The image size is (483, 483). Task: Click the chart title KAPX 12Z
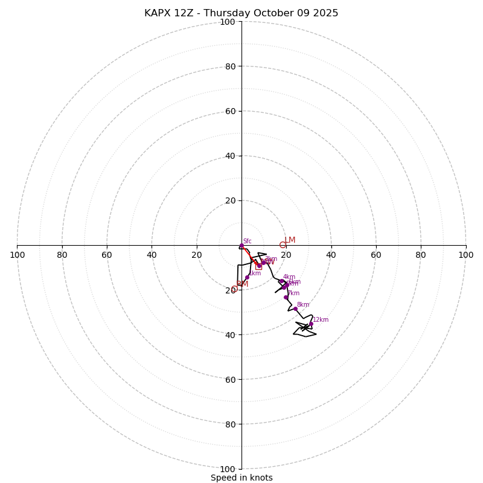[241, 13]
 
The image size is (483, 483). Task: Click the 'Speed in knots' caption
[241, 478]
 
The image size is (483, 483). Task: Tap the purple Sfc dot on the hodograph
[241, 246]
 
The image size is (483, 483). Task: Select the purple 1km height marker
[247, 277]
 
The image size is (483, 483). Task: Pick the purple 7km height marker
[286, 297]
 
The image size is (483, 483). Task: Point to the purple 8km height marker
[295, 309]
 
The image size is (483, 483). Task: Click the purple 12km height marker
[311, 324]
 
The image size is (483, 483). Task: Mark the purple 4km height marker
[281, 281]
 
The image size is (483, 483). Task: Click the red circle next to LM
[283, 245]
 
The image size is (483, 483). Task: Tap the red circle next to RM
[234, 289]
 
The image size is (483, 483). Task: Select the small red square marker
[258, 266]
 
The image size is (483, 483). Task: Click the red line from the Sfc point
[249, 254]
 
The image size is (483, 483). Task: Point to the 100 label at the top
[228, 22]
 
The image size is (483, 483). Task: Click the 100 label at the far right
[466, 255]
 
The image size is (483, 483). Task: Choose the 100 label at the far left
[18, 255]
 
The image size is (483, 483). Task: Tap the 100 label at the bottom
[228, 469]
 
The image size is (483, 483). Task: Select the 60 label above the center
[229, 111]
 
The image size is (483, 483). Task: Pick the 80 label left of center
[62, 255]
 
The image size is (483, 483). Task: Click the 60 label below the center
[229, 380]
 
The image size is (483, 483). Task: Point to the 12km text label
[321, 320]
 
